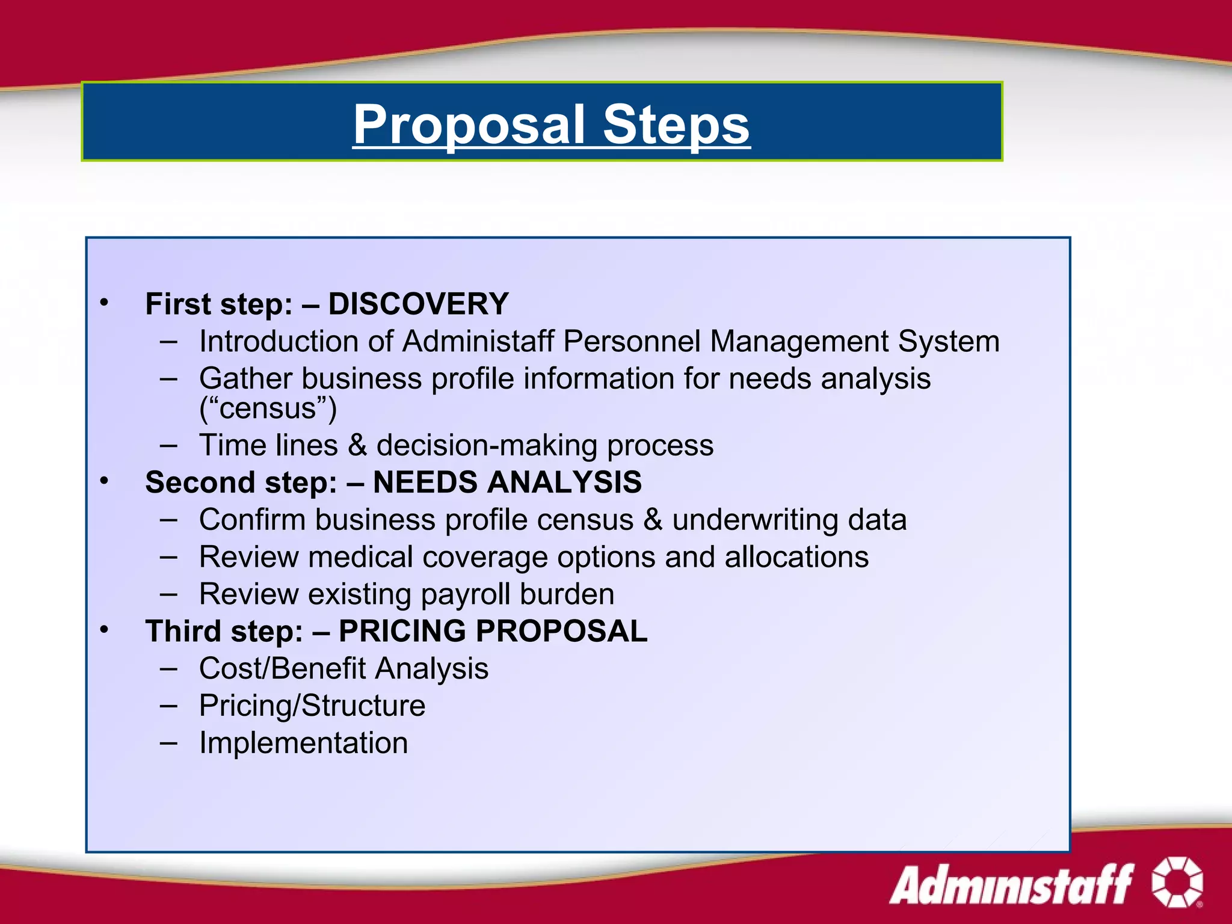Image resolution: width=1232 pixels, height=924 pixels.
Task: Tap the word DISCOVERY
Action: (x=419, y=304)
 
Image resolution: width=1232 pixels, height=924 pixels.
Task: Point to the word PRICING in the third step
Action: (x=402, y=631)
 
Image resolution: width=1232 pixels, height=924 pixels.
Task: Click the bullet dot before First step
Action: (x=104, y=302)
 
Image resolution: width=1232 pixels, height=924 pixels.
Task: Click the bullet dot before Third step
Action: (x=104, y=629)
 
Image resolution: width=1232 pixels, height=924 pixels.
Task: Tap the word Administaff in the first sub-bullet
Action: (x=478, y=342)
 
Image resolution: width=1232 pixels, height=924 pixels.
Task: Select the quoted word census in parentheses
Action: (x=268, y=408)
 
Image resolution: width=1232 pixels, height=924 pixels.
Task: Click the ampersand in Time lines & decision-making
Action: (x=357, y=446)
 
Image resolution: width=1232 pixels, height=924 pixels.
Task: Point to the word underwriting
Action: (x=755, y=520)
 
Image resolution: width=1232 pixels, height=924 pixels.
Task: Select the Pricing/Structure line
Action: (x=312, y=706)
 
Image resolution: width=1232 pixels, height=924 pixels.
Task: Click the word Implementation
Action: (x=304, y=743)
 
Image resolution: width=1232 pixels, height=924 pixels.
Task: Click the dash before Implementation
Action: (x=168, y=742)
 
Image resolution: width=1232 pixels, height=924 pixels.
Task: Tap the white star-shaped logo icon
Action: (x=1177, y=882)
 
